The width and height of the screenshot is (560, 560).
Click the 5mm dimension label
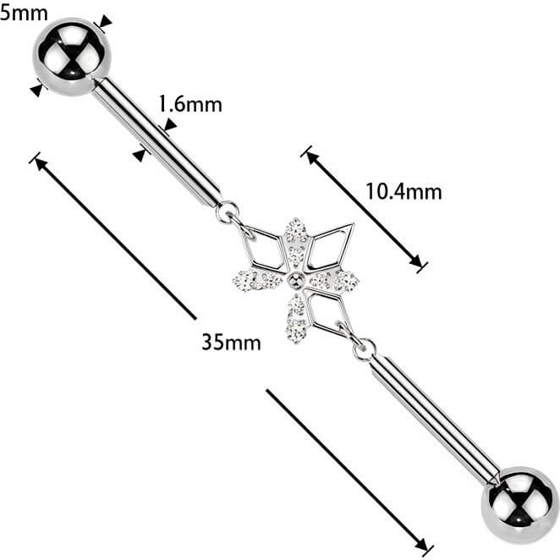pyautogui.click(x=24, y=14)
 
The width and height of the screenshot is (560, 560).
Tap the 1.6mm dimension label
pyautogui.click(x=190, y=104)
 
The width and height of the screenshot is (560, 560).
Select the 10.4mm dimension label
pyautogui.click(x=404, y=191)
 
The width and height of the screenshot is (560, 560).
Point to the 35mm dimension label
pyautogui.click(x=231, y=342)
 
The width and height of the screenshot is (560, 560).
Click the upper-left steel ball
pyautogui.click(x=72, y=57)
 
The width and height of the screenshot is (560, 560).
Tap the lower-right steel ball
pyautogui.click(x=519, y=505)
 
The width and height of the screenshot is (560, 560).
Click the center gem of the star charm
pyautogui.click(x=296, y=280)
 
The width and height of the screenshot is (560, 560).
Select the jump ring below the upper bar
pyautogui.click(x=227, y=212)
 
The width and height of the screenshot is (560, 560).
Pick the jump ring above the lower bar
pyautogui.click(x=365, y=349)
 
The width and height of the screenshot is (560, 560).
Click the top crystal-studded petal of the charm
pyautogui.click(x=296, y=243)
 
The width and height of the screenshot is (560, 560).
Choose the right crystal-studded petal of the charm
pyautogui.click(x=334, y=280)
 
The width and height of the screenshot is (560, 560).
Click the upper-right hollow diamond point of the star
pyautogui.click(x=331, y=245)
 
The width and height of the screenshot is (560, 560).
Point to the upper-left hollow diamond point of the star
pyautogui.click(x=262, y=248)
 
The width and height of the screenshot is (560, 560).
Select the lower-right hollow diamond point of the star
pyautogui.click(x=328, y=311)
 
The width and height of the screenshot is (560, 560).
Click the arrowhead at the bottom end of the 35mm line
pyautogui.click(x=421, y=545)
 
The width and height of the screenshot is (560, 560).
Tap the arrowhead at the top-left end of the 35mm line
pyautogui.click(x=41, y=164)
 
